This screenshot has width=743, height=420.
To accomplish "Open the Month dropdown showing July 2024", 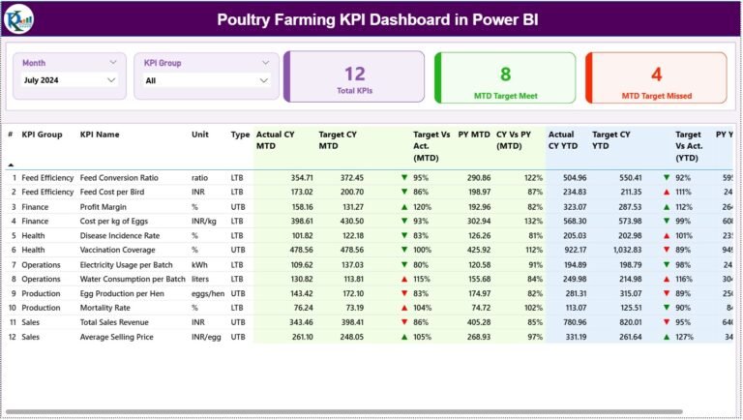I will click(70, 80).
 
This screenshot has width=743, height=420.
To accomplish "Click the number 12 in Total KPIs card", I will click(355, 74).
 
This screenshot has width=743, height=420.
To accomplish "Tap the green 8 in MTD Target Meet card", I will click(505, 74).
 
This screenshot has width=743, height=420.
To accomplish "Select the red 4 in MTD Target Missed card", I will click(656, 74).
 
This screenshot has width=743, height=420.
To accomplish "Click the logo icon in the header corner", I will click(19, 17).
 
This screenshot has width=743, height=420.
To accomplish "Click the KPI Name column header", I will click(100, 135).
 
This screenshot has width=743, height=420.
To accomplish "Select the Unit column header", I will click(200, 135).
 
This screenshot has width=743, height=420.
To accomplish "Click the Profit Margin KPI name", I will click(105, 206).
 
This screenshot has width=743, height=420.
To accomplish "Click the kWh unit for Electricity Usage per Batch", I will click(199, 264).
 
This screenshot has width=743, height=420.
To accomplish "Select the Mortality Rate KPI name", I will click(107, 307).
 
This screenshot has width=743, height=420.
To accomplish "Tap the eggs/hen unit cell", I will click(208, 292).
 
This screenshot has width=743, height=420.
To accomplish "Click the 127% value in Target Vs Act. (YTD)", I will click(684, 336).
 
